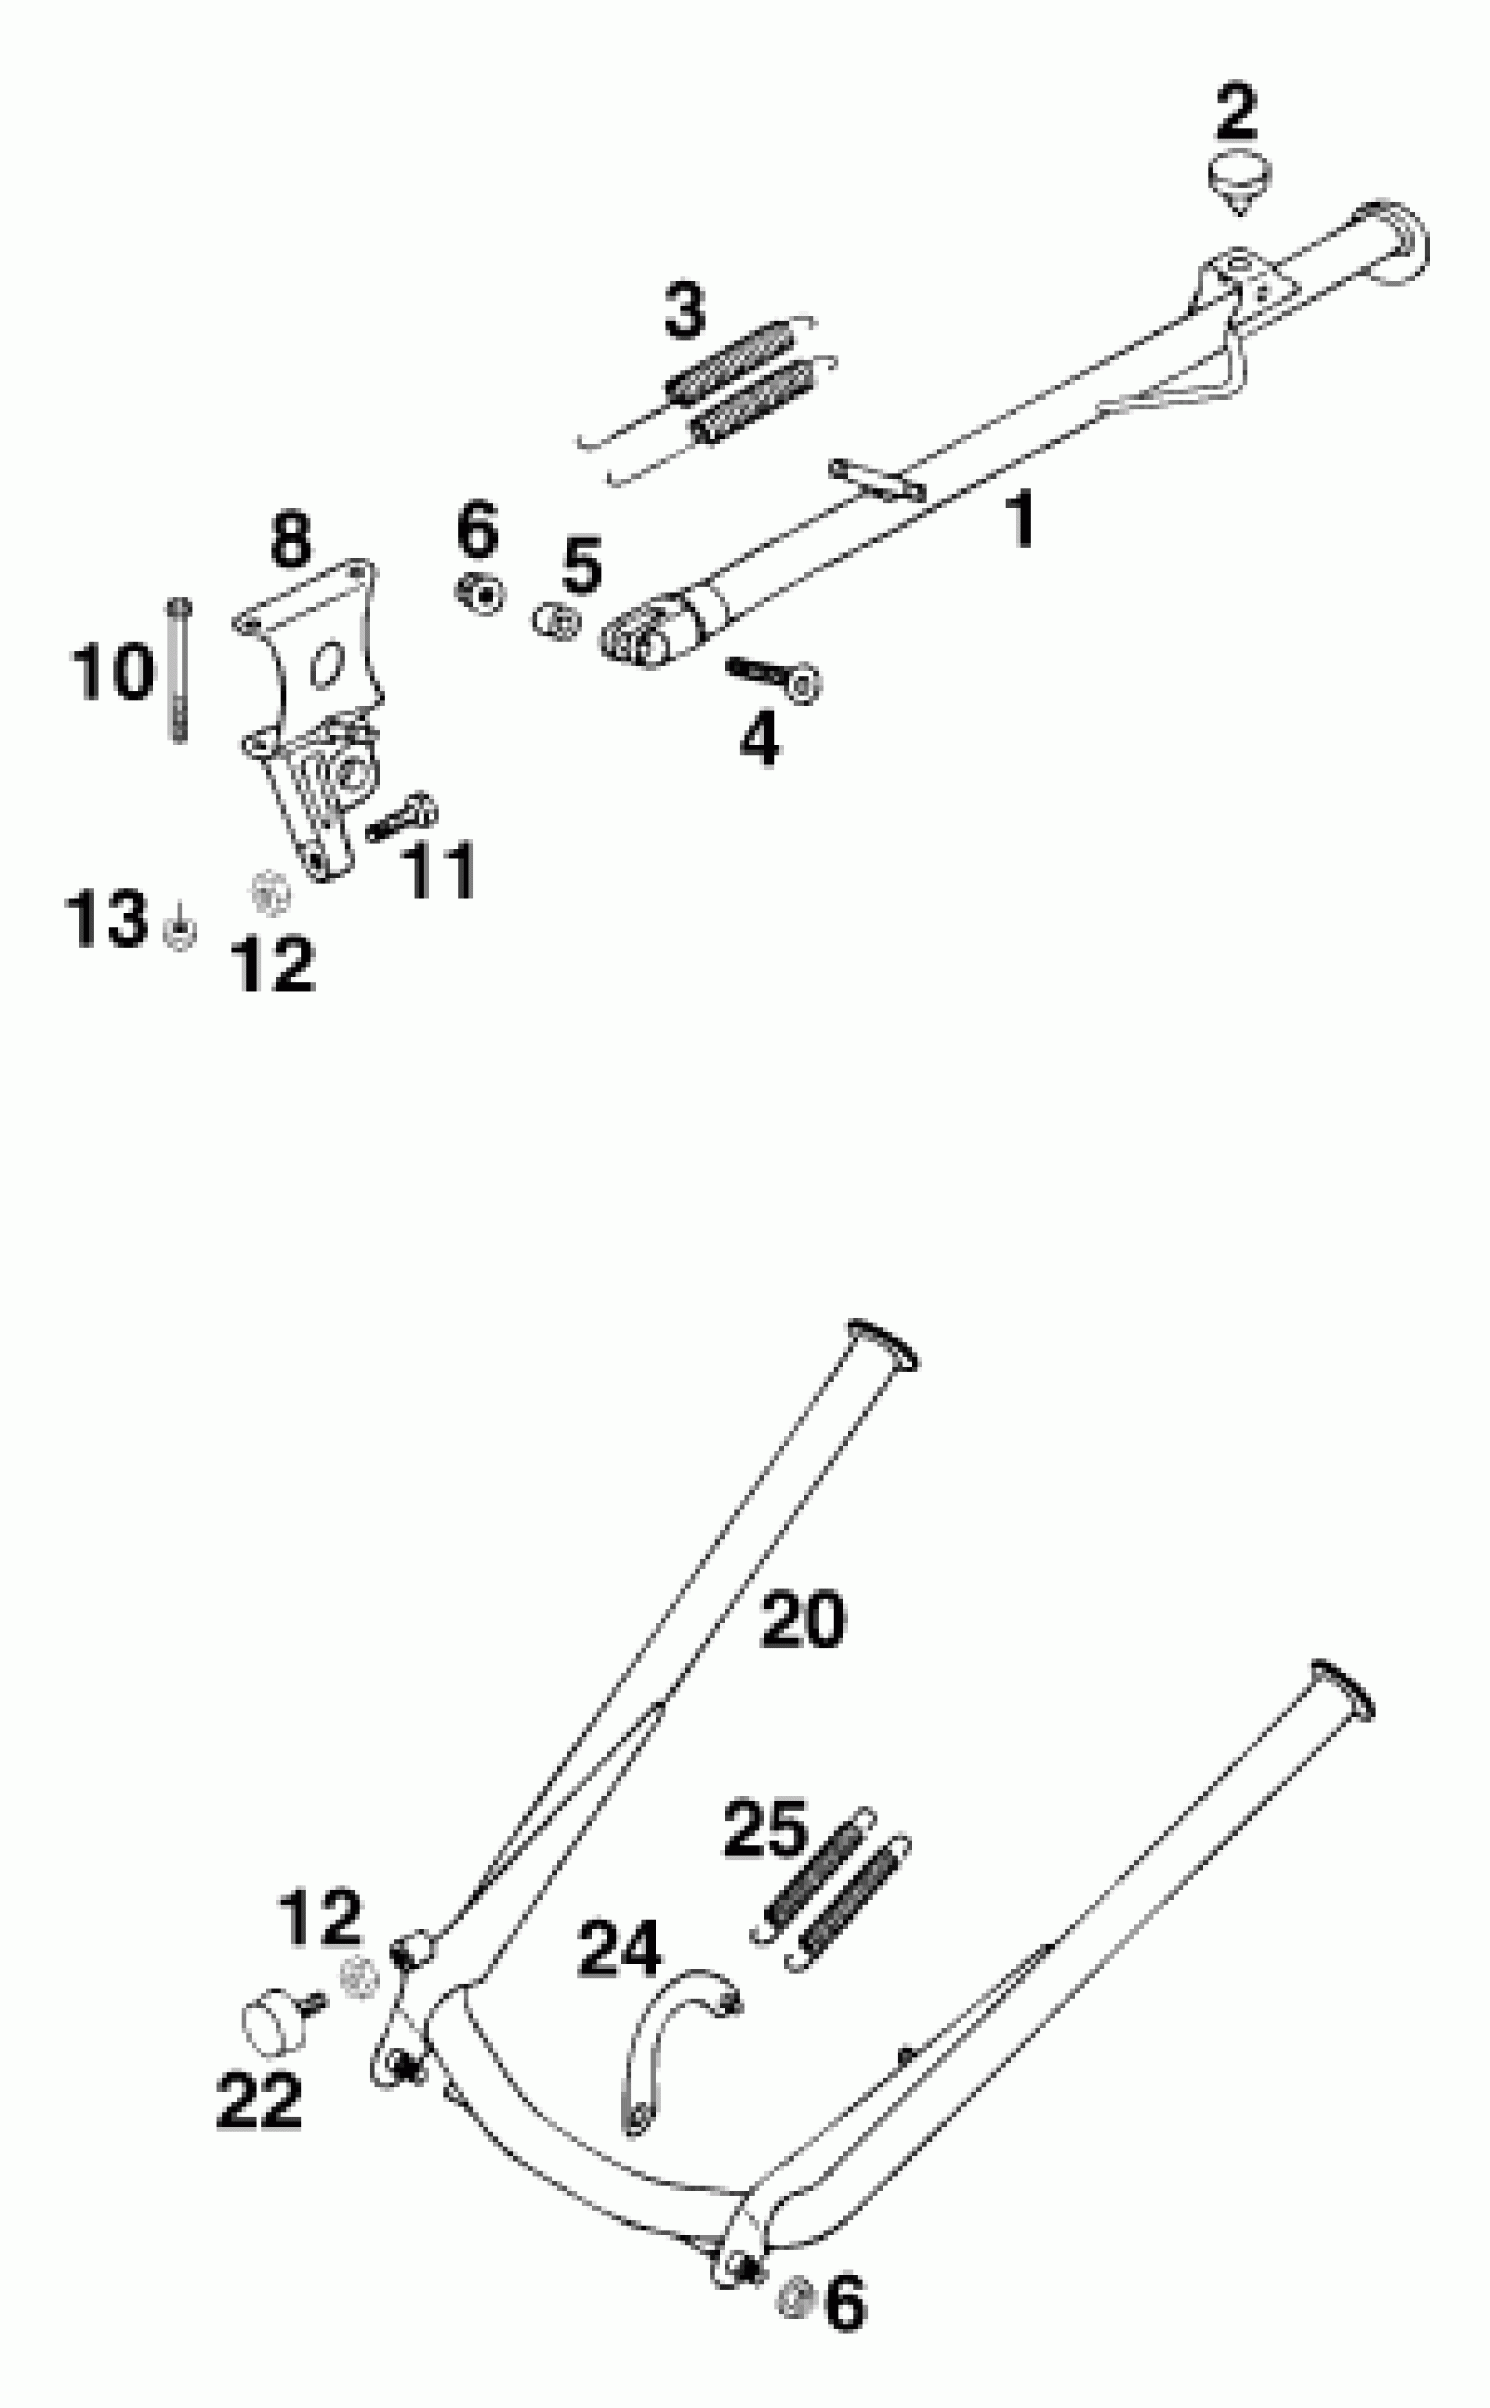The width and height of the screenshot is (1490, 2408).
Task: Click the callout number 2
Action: [x=1237, y=113]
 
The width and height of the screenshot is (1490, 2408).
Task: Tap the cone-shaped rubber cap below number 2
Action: [x=1238, y=183]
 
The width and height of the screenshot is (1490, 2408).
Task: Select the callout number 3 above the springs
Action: [x=685, y=311]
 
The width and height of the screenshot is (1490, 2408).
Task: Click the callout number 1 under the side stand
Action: [x=1022, y=519]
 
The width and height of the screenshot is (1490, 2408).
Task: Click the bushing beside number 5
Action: [x=557, y=622]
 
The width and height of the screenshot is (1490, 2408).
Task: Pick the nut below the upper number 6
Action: [x=481, y=594]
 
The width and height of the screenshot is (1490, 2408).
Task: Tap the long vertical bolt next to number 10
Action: [x=180, y=670]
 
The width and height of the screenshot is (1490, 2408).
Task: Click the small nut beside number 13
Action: [x=180, y=931]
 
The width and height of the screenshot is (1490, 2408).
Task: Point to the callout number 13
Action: [x=105, y=919]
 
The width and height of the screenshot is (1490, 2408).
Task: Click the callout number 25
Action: [x=764, y=1829]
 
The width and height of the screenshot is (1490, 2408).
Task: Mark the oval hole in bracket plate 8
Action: [x=326, y=665]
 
